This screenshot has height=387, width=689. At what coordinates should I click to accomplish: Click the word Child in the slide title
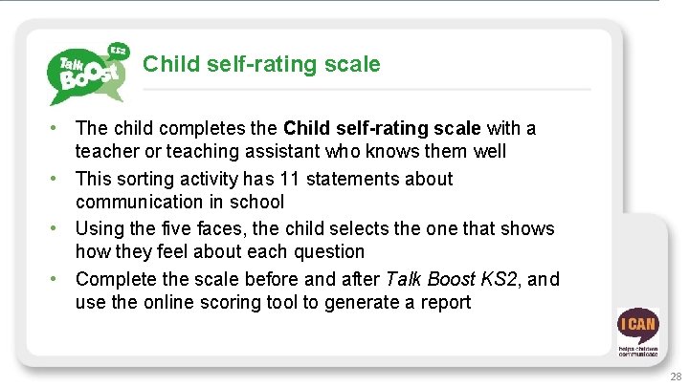click(x=167, y=64)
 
